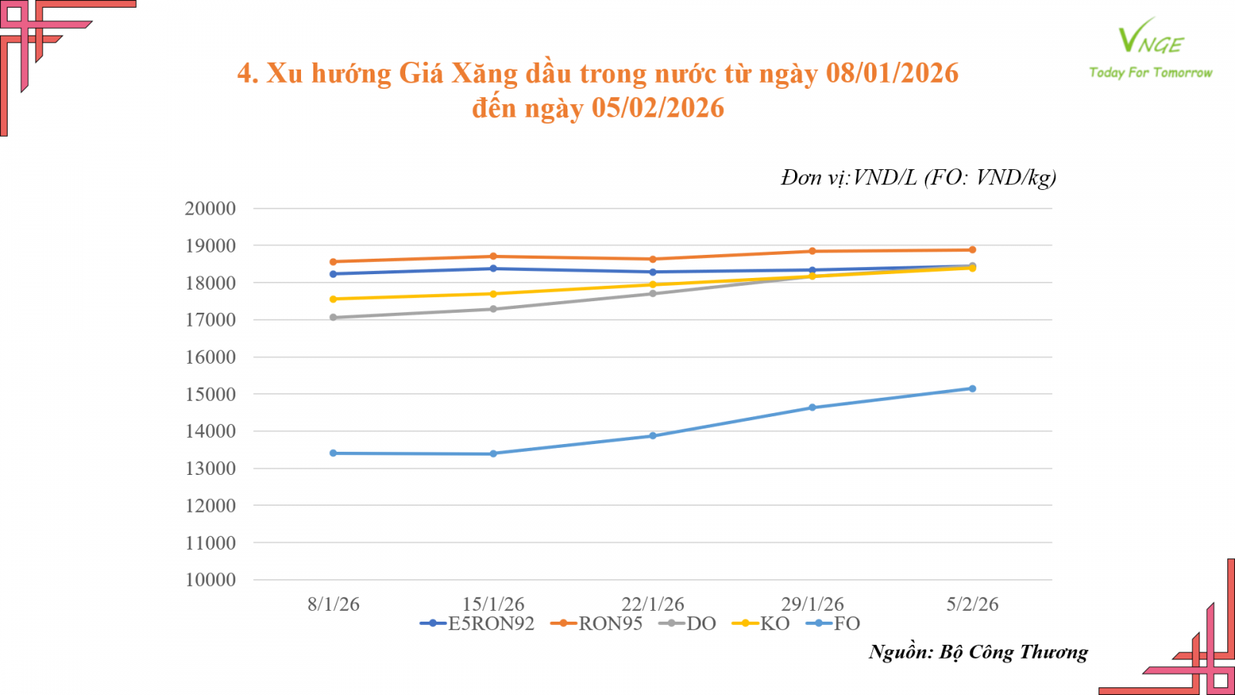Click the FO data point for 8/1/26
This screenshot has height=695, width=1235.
click(x=333, y=453)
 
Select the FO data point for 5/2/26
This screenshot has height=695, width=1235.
click(x=973, y=388)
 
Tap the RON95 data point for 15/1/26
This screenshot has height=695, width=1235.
click(x=493, y=256)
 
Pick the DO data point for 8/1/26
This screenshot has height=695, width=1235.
click(x=333, y=317)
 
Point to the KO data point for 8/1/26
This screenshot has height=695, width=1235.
click(x=333, y=299)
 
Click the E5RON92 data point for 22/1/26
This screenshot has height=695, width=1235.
click(x=653, y=272)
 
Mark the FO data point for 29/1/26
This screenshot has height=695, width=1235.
click(x=813, y=408)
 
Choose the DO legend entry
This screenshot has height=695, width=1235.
click(x=689, y=624)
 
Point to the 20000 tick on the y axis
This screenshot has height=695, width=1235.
click(x=210, y=208)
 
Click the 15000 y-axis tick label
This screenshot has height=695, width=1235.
click(x=210, y=395)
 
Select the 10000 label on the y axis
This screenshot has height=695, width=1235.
click(x=210, y=580)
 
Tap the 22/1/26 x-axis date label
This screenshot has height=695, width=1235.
click(x=653, y=604)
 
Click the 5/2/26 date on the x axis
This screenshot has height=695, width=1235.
click(x=973, y=604)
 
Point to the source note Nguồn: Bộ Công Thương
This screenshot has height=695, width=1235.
click(x=978, y=653)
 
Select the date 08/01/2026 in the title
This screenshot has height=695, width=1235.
click(x=892, y=73)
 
